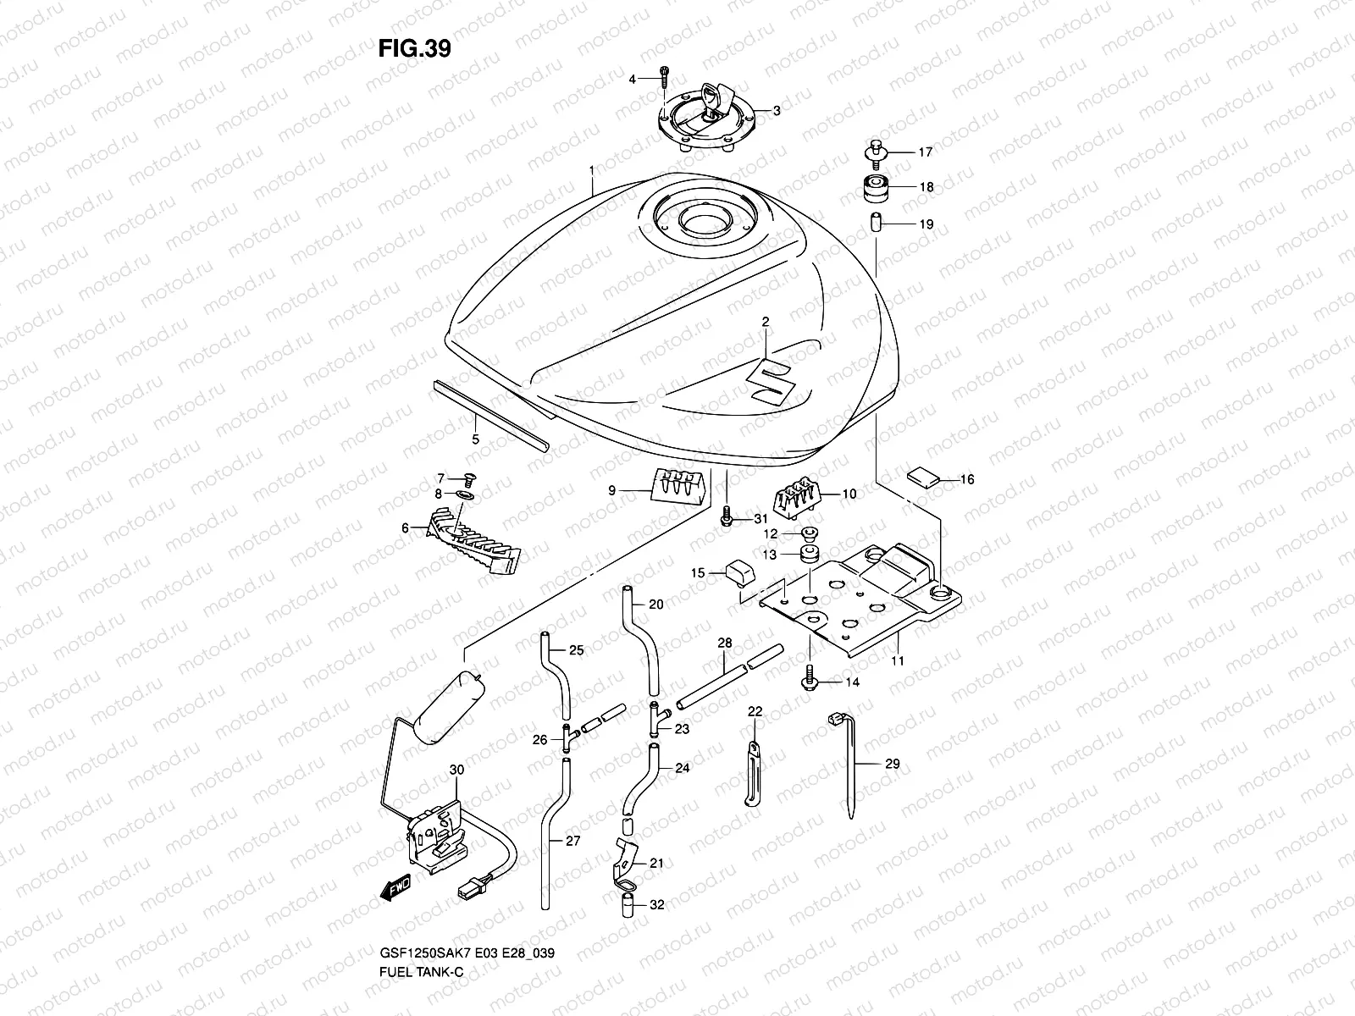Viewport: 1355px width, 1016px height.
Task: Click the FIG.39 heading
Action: tap(414, 49)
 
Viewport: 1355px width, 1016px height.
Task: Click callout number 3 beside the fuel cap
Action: tap(776, 110)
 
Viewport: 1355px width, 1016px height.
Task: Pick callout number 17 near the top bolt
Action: tap(925, 152)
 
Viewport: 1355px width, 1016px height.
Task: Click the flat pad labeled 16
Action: tap(923, 476)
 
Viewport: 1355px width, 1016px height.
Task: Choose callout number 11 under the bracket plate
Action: tap(898, 660)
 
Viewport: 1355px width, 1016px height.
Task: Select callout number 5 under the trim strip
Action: tap(475, 439)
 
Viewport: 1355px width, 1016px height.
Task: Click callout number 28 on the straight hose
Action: tap(725, 643)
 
